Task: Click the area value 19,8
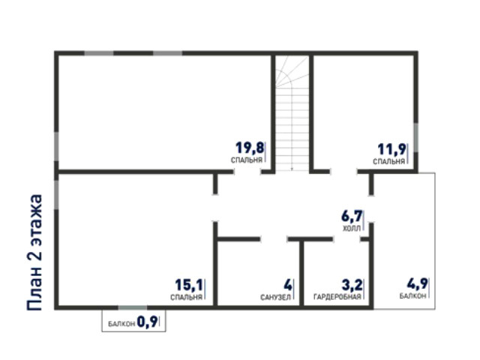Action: (250, 148)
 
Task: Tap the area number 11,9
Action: (392, 150)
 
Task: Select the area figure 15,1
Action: (189, 285)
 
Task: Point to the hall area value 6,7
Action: (352, 216)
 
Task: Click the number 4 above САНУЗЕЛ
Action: (288, 285)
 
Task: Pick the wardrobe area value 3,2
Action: (352, 285)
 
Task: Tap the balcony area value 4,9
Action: (417, 284)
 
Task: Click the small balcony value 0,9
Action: (147, 322)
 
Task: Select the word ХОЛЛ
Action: (352, 228)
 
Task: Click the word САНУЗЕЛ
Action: (275, 297)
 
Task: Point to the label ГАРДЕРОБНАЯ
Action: (337, 297)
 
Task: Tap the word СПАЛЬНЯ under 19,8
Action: (247, 160)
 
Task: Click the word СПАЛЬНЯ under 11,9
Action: (389, 161)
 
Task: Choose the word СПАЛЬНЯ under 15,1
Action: (187, 297)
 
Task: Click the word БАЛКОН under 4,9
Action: (412, 296)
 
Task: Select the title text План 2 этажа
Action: (34, 253)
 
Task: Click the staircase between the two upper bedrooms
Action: (292, 113)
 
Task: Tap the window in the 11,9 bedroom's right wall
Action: (416, 137)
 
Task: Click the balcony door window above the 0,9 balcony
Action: (133, 307)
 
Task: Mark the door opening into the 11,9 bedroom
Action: (343, 172)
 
